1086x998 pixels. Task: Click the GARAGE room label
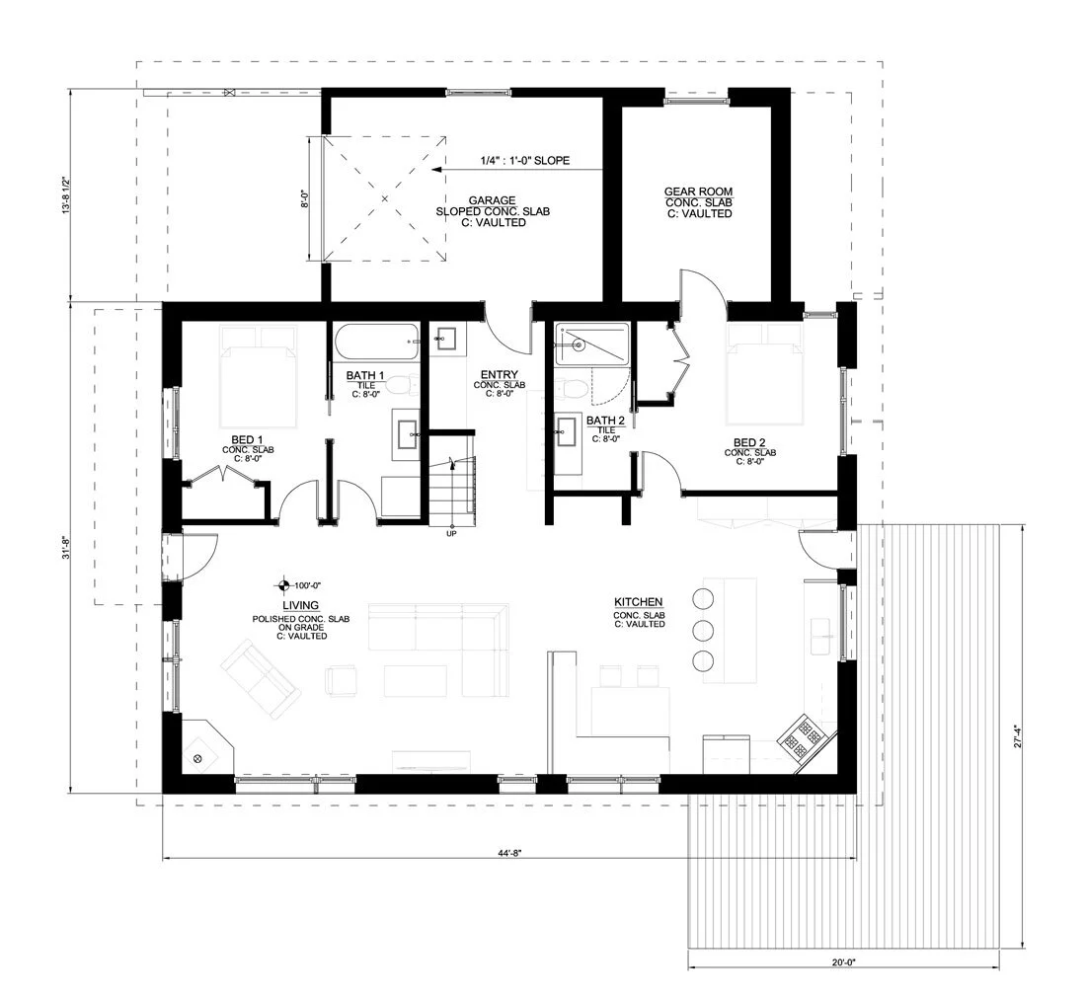click(x=492, y=200)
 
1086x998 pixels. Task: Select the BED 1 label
click(x=248, y=439)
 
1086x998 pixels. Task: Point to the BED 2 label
click(x=749, y=442)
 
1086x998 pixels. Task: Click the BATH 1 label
click(x=365, y=376)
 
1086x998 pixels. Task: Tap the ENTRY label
click(x=499, y=374)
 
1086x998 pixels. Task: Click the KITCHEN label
click(x=638, y=602)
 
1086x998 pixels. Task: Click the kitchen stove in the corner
click(x=805, y=736)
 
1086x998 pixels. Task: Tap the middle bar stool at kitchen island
click(x=703, y=630)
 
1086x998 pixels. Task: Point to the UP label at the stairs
click(x=452, y=534)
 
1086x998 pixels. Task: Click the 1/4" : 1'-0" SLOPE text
click(x=525, y=160)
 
